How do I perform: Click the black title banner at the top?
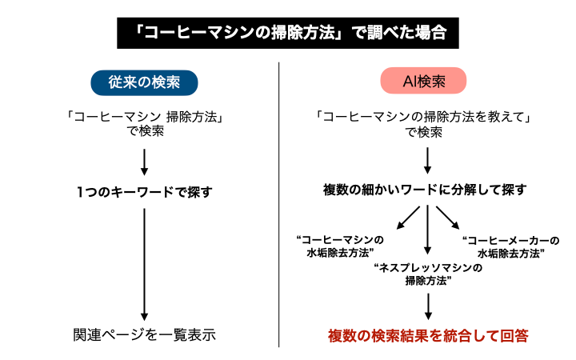pos(288,33)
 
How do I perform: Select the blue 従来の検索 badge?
pos(144,82)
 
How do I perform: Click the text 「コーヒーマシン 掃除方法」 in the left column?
pos(144,117)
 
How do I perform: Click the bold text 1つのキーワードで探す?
pos(144,192)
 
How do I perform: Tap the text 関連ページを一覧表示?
pos(144,334)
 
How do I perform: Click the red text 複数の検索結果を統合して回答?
pos(428,334)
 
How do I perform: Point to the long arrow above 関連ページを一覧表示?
pos(144,264)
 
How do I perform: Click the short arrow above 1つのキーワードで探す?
pos(144,160)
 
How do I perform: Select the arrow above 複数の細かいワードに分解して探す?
pos(428,160)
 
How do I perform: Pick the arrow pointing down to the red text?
pos(428,306)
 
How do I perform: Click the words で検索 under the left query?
pos(145,131)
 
